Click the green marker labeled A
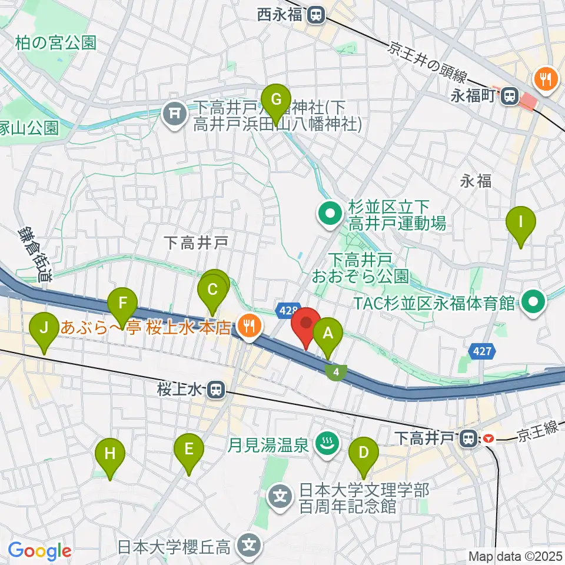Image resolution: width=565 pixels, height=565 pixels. (x=328, y=335)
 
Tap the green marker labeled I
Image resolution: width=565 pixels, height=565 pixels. (x=521, y=222)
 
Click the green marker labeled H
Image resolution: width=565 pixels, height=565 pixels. (x=111, y=454)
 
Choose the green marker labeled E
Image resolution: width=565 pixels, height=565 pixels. (x=189, y=450)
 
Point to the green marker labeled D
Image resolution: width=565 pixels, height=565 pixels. (x=364, y=453)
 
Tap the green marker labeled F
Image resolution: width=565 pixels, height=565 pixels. (x=122, y=303)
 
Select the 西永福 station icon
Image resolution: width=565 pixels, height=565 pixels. (x=317, y=14)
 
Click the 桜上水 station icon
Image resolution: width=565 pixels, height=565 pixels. (x=217, y=388)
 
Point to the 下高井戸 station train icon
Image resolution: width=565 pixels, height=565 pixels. (x=468, y=438)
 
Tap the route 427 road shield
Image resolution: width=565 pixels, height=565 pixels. (x=480, y=353)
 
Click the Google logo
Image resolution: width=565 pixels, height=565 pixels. (x=39, y=551)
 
